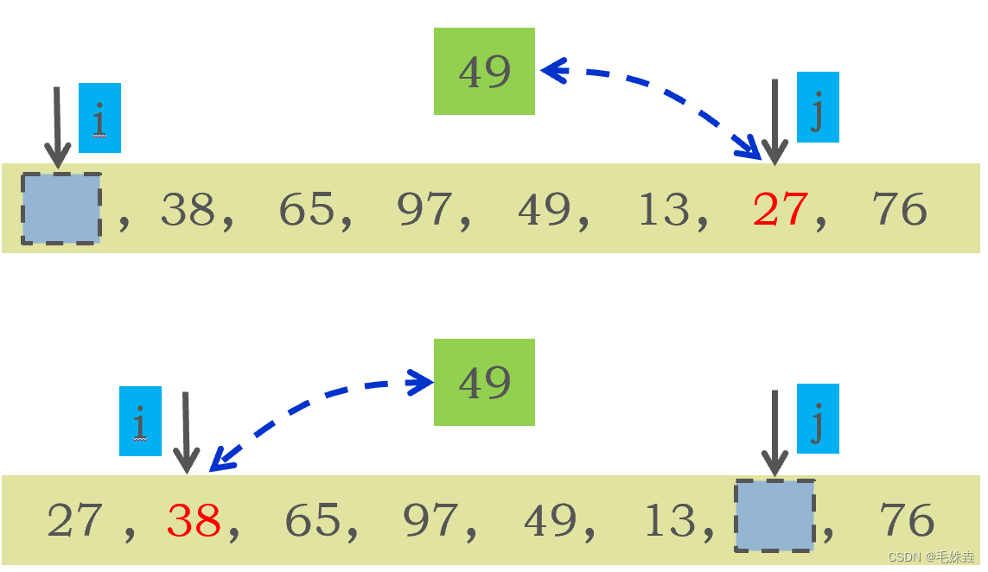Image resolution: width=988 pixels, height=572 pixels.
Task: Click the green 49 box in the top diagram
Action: tap(484, 71)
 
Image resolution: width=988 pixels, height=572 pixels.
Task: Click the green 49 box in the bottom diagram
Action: tap(484, 382)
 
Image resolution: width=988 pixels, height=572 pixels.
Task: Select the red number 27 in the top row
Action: tap(780, 209)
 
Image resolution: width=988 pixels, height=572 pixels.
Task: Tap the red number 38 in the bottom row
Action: tap(194, 520)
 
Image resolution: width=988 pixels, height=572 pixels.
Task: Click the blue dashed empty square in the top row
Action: tap(61, 208)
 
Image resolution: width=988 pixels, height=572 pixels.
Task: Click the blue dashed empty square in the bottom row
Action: tap(774, 516)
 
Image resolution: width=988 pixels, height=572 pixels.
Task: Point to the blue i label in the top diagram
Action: tap(99, 118)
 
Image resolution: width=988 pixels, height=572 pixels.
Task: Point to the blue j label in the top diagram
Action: tap(817, 107)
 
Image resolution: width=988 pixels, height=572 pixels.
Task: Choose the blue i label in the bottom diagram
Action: tap(140, 421)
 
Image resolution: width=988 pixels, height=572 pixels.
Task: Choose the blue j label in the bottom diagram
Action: tap(817, 418)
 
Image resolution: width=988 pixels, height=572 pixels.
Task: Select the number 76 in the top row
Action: tap(899, 209)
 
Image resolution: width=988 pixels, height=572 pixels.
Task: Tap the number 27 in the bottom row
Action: tap(74, 520)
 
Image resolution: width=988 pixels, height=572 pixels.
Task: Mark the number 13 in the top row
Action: tap(664, 209)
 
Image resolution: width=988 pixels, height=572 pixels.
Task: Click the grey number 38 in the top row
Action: tap(188, 209)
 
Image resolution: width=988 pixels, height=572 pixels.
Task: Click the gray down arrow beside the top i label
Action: tap(57, 126)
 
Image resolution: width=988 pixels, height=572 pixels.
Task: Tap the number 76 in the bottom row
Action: tap(907, 520)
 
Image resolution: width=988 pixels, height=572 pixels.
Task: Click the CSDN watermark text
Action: tap(931, 557)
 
